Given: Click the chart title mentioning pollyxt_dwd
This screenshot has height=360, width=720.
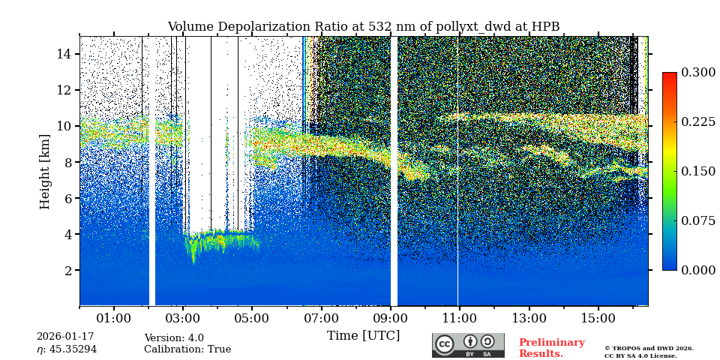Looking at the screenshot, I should [x=363, y=27].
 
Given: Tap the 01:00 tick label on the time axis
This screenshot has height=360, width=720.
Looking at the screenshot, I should [x=114, y=318].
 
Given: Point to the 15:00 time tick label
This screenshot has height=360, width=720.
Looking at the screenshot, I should [x=598, y=318].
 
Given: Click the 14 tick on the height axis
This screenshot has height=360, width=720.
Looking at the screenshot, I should [x=64, y=54].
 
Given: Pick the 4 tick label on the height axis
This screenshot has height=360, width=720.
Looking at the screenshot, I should [x=67, y=234].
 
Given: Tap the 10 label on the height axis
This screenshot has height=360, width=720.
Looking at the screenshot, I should [x=64, y=126].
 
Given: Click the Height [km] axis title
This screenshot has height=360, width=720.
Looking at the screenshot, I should [x=45, y=171].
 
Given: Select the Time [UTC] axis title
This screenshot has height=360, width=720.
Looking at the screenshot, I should [x=363, y=335].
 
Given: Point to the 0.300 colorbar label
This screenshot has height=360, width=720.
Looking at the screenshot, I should [x=698, y=73].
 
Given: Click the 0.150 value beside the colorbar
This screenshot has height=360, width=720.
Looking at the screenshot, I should [x=698, y=171].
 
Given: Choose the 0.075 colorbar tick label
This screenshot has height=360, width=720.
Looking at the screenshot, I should [x=698, y=220].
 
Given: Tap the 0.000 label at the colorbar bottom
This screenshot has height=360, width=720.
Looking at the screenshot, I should [x=698, y=270].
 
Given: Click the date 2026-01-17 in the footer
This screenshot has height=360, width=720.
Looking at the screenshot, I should [x=65, y=337].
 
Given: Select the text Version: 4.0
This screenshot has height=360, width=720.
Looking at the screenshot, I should [x=173, y=338].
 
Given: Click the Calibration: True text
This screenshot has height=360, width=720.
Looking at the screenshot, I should [x=187, y=349].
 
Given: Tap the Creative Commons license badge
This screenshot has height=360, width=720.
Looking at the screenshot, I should [x=468, y=345].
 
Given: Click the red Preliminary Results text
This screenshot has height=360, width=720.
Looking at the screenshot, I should [x=551, y=348].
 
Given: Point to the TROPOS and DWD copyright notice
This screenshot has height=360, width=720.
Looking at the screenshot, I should [x=649, y=352].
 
